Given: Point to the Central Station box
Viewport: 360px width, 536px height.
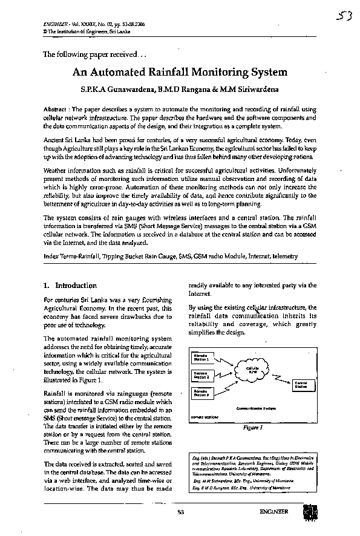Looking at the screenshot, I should (x=301, y=384).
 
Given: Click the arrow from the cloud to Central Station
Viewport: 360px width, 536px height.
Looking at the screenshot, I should (x=281, y=379).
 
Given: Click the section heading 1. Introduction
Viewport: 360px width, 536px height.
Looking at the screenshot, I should (x=70, y=286).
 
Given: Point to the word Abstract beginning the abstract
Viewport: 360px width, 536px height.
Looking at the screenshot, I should (x=54, y=108).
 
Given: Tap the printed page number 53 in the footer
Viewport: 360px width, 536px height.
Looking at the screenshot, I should (x=180, y=513).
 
